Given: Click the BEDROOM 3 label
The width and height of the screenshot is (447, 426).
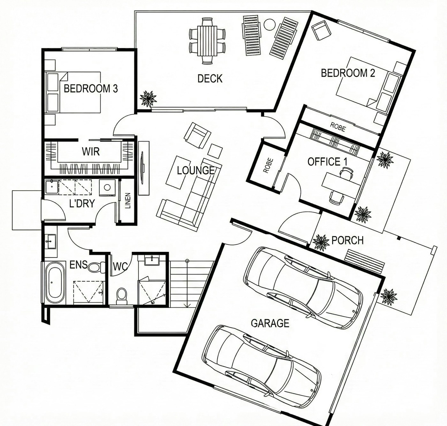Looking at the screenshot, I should [x=91, y=88].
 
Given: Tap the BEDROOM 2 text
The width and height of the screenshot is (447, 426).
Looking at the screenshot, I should [x=348, y=73].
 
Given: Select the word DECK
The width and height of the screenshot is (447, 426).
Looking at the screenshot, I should [x=210, y=78].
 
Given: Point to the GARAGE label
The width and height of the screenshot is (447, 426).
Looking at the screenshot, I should [x=270, y=323].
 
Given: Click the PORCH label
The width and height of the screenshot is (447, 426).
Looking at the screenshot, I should [x=347, y=240].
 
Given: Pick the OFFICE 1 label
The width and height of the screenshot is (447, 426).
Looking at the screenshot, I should [x=327, y=162].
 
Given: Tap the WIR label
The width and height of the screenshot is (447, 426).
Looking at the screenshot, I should [x=91, y=151].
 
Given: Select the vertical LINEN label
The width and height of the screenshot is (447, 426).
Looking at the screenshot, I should [x=128, y=201].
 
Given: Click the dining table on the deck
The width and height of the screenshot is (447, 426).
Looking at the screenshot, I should [x=207, y=41].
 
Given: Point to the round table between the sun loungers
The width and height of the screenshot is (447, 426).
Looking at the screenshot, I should [x=269, y=24].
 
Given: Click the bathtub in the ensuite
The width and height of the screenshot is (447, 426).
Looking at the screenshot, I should [x=54, y=283].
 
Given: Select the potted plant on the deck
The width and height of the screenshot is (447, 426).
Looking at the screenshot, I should [x=148, y=99].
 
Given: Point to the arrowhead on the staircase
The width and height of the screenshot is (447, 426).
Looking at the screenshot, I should [x=187, y=305].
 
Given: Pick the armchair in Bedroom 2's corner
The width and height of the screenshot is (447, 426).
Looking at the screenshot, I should [x=322, y=30].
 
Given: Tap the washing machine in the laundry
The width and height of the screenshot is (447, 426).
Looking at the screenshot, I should [x=107, y=187].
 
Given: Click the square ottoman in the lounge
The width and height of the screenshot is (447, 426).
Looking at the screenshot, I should [x=215, y=151].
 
